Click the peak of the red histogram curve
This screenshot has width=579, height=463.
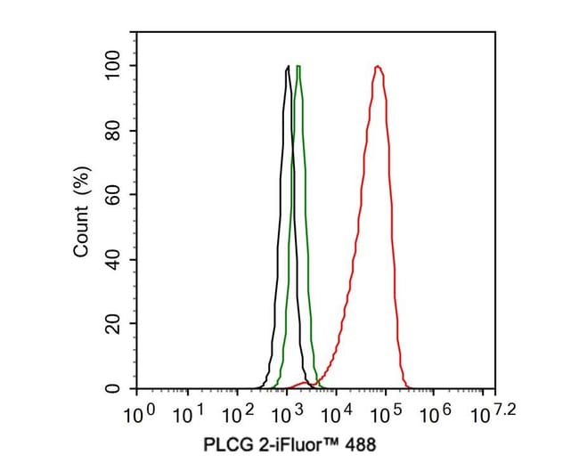379,67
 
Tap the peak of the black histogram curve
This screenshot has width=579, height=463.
288,67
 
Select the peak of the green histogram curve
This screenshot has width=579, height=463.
298,67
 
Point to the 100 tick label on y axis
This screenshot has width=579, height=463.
111,66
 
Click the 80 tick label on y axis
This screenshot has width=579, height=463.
111,131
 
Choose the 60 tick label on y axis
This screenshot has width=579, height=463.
111,195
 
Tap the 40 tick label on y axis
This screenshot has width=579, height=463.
111,260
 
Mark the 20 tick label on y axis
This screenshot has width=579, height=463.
111,325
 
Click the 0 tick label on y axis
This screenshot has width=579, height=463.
111,389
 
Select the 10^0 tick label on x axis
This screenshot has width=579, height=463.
138,414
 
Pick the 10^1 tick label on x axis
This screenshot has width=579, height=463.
188,414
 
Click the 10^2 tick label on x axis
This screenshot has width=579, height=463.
238,414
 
